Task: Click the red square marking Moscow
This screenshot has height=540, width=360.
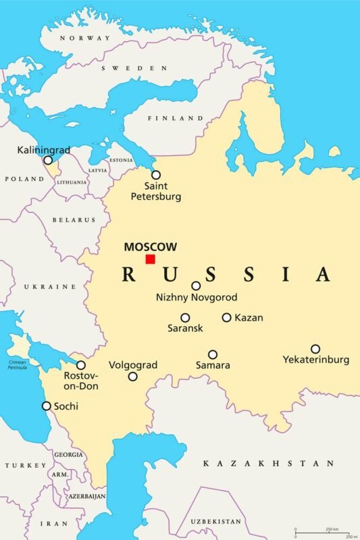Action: pyautogui.click(x=150, y=259)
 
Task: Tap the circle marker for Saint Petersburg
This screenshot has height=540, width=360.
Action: pyautogui.click(x=156, y=175)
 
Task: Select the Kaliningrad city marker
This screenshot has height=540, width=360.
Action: pyautogui.click(x=48, y=161)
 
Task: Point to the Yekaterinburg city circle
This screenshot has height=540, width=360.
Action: pyautogui.click(x=315, y=349)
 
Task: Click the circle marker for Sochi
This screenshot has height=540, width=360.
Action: pyautogui.click(x=47, y=406)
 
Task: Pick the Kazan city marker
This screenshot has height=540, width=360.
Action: pyautogui.click(x=227, y=317)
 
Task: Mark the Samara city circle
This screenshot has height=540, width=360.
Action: pyautogui.click(x=213, y=354)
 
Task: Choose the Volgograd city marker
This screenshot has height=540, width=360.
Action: pyautogui.click(x=133, y=377)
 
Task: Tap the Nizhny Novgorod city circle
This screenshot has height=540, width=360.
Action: pyautogui.click(x=196, y=286)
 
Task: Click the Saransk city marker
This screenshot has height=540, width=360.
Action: pyautogui.click(x=185, y=317)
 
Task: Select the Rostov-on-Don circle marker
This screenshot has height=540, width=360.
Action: pyautogui.click(x=81, y=364)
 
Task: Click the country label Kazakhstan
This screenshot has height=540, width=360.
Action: pyautogui.click(x=268, y=464)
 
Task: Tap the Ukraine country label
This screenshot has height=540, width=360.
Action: pyautogui.click(x=50, y=287)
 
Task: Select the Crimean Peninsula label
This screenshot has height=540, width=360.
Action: pyautogui.click(x=18, y=364)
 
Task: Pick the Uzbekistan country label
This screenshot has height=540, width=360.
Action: pyautogui.click(x=215, y=522)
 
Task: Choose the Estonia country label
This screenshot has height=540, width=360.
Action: pyautogui.click(x=121, y=160)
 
